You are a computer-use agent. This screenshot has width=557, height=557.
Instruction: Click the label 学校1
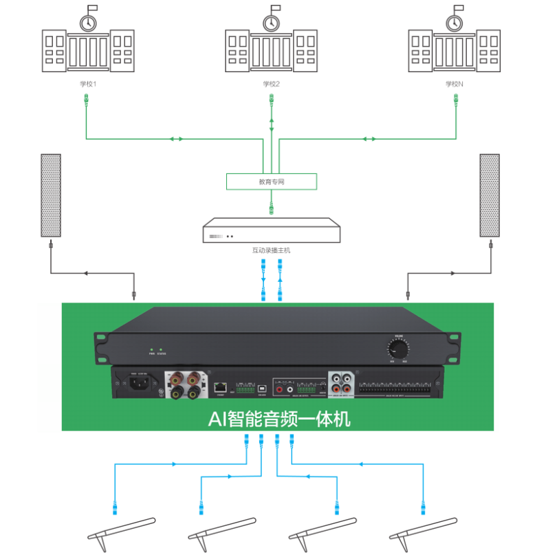point(87,84)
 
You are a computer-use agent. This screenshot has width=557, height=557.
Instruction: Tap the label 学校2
point(272,84)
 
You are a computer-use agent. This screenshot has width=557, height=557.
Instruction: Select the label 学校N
point(455,84)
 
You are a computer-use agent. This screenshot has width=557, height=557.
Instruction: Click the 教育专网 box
point(272,182)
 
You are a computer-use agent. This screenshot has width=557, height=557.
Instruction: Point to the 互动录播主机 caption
point(272,250)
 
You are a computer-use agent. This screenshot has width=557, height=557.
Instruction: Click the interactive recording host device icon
point(272,231)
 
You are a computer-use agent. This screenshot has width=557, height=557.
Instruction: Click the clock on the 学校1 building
point(87,23)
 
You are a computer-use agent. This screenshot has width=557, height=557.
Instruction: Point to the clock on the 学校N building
point(454,23)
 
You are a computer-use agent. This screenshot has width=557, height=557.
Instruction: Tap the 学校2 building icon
point(272,45)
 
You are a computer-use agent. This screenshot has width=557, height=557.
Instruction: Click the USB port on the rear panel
point(262,387)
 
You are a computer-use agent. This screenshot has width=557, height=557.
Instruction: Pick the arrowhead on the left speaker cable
point(85,274)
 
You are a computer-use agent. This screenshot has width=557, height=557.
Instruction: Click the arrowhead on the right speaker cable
point(455,274)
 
